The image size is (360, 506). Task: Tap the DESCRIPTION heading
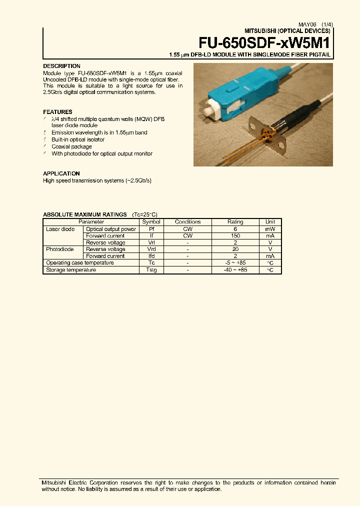coord(61,66)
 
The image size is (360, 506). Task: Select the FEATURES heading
coord(57,112)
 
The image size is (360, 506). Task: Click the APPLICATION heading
coord(61,173)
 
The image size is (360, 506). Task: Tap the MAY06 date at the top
coord(307,24)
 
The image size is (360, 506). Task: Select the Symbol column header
coord(151,222)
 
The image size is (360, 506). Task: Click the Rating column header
coord(235,222)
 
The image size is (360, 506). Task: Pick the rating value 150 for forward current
coord(235,235)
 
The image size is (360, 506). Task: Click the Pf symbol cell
coord(151,229)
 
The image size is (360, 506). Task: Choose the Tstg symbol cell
coord(151,270)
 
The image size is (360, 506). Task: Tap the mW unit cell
coord(270,229)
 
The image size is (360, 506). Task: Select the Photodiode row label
coord(59,249)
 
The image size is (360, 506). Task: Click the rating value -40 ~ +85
coord(235,270)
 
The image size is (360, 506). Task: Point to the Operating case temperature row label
coord(79,263)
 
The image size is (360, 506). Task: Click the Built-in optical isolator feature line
coord(78,140)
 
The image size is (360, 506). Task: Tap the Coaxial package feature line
coord(71,147)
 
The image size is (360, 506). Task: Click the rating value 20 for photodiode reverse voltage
coord(235,249)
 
